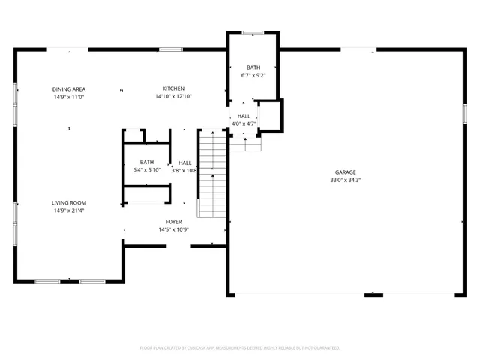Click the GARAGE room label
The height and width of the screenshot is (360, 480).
coord(346,172)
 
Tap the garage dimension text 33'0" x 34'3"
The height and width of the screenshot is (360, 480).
coord(346,180)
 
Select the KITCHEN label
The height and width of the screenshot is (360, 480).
coord(173,88)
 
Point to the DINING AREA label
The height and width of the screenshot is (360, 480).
coord(68,88)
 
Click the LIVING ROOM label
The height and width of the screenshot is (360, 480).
coord(69,202)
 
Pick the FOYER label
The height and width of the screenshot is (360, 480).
coord(173,222)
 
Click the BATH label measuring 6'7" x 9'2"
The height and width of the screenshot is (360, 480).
coord(253,67)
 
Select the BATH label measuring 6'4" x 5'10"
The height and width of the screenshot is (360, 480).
coord(146,162)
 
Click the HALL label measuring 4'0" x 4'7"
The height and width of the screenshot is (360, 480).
coord(244,116)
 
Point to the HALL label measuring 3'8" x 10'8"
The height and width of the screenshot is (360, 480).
coord(184,162)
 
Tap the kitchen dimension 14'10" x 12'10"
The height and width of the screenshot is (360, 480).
coord(173,97)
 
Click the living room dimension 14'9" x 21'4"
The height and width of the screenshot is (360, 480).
coord(69,211)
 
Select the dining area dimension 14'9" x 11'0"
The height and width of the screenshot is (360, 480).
coord(68,97)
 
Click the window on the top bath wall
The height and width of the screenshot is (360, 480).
coord(253,32)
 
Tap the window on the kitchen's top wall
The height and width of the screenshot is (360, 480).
coord(170,49)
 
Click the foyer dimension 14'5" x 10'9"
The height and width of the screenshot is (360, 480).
coord(173,230)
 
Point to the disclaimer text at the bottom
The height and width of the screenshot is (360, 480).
coord(240,347)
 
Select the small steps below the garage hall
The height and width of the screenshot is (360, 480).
coord(244,143)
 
